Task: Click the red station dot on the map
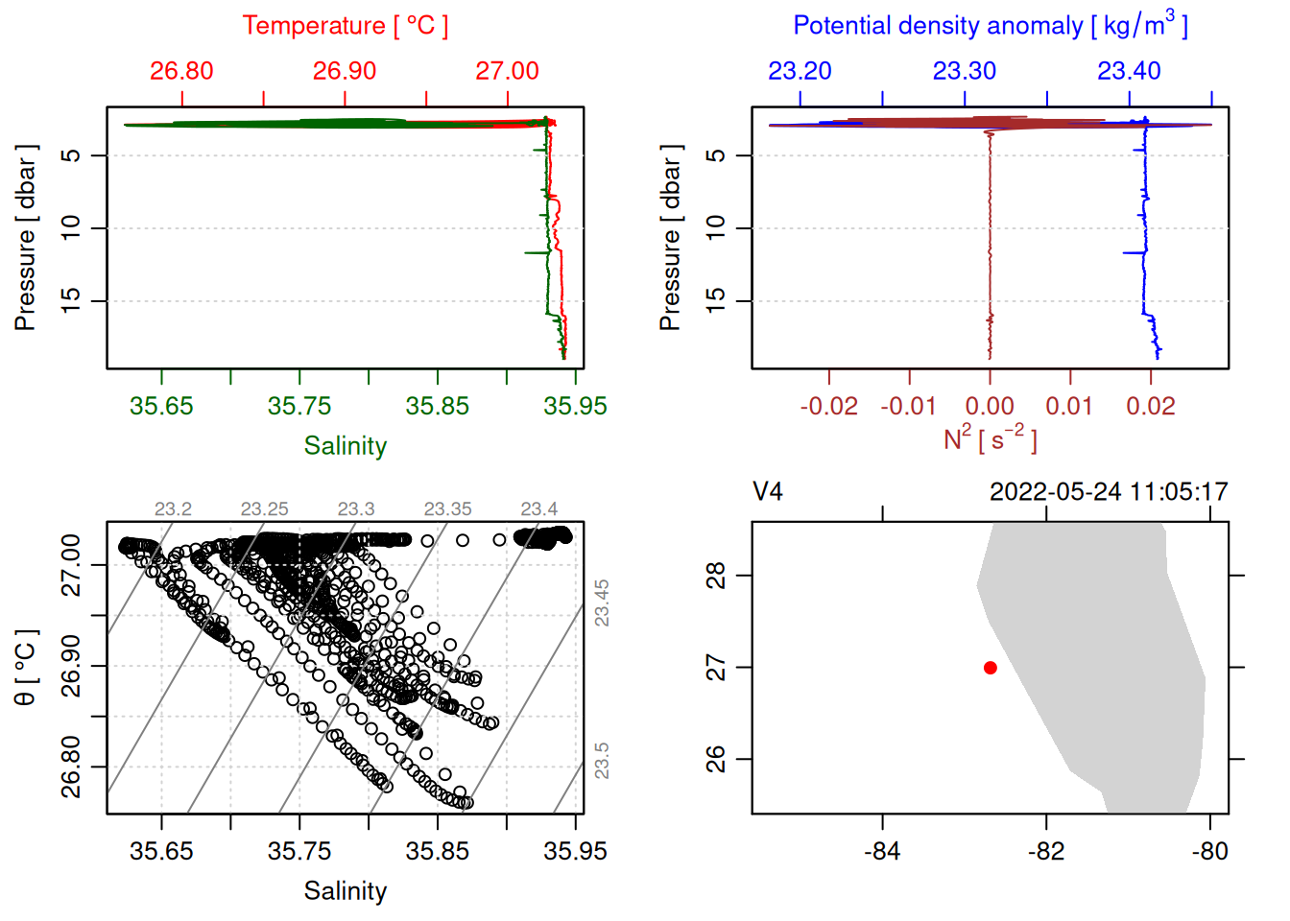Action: (990, 668)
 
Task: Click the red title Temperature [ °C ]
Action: (345, 26)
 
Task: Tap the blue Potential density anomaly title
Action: (990, 26)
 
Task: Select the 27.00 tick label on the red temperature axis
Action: (507, 71)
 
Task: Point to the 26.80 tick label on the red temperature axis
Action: (181, 71)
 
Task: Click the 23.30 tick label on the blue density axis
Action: (964, 71)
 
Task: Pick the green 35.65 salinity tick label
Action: (161, 406)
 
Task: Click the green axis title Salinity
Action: (345, 446)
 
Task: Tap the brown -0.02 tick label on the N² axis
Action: (829, 406)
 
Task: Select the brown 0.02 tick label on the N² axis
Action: (1150, 406)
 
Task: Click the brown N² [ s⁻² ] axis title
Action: (990, 439)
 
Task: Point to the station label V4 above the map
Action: (768, 492)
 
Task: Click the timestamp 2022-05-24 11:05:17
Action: (1109, 492)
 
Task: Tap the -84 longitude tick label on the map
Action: (881, 851)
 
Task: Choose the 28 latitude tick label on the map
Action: (716, 576)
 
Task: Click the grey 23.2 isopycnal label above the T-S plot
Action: (173, 509)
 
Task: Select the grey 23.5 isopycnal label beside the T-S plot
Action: (602, 761)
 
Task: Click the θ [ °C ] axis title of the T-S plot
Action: (26, 668)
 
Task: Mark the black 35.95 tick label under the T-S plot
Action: (575, 851)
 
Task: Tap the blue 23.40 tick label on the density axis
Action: (1129, 71)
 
